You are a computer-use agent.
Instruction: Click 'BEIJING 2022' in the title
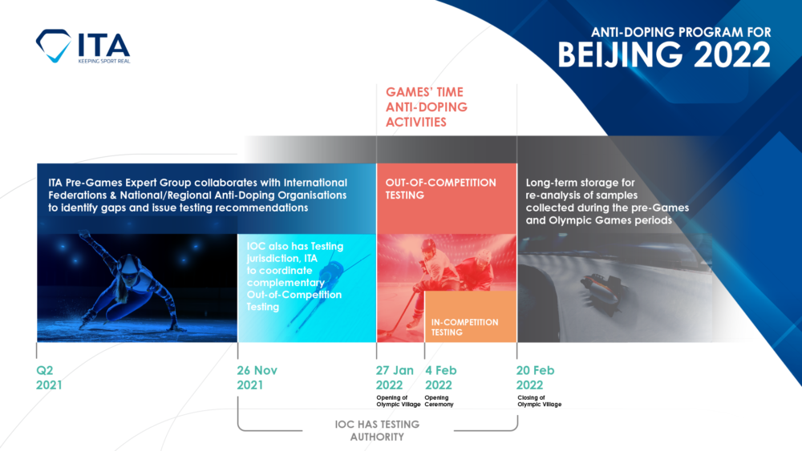click(664, 55)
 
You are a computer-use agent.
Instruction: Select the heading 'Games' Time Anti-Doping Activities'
click(425, 107)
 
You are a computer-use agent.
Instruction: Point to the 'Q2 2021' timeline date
click(49, 378)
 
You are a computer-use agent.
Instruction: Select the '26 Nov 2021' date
click(257, 378)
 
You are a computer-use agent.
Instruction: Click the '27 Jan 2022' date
click(395, 378)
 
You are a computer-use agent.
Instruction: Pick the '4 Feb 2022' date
click(442, 378)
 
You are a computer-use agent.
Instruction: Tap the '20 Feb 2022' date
click(535, 378)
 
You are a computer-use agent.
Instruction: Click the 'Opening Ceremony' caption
click(439, 401)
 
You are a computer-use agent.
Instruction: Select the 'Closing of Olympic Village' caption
click(539, 401)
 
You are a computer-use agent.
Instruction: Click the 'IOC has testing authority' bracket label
click(376, 431)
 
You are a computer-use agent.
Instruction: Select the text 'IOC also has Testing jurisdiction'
click(293, 250)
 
